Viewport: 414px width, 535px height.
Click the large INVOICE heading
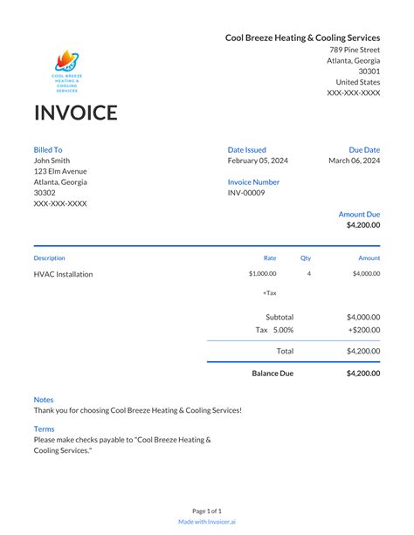[75, 113]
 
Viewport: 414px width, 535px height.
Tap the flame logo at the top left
[67, 62]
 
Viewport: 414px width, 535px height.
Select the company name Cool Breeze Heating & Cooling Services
[302, 38]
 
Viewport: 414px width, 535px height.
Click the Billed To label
[48, 150]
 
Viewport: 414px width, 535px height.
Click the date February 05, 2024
[258, 161]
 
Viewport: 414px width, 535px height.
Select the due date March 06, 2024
[354, 161]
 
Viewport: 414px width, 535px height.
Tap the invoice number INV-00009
[246, 193]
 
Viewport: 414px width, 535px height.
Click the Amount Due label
[359, 214]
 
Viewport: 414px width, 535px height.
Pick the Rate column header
[270, 258]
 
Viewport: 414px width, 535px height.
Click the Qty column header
[306, 258]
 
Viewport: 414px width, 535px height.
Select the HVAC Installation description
[63, 274]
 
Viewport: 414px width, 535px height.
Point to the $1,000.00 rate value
[262, 274]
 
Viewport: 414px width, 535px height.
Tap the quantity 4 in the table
[309, 274]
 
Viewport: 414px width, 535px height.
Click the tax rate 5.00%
[284, 330]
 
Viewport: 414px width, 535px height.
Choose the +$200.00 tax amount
[363, 330]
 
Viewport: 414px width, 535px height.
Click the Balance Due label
[273, 374]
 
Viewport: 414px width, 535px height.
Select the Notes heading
[44, 400]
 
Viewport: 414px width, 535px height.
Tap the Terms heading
[44, 429]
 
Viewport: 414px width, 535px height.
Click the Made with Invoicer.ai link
[207, 522]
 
